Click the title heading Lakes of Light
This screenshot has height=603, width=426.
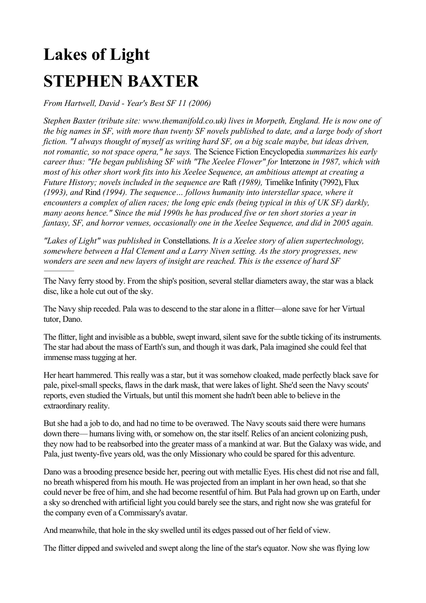tap(97, 55)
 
